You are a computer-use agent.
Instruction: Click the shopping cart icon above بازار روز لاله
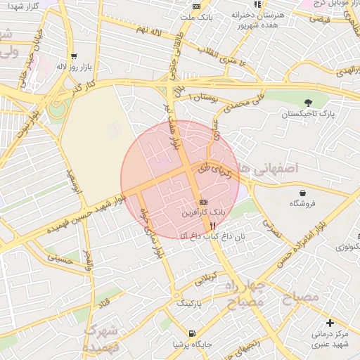[74, 56]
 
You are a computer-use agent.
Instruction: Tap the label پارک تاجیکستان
[309, 113]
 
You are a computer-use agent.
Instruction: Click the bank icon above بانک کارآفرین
[204, 202]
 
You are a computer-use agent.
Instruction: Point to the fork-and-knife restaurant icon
[212, 226]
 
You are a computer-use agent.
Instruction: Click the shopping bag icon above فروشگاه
[302, 193]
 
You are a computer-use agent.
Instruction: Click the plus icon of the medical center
[330, 323]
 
